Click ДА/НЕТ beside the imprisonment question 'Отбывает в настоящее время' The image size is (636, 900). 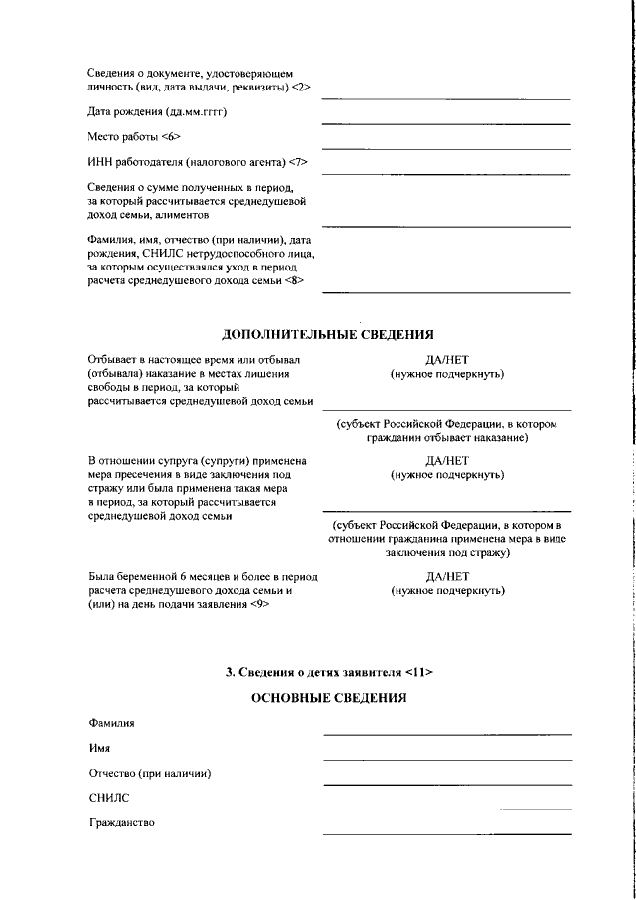(446, 360)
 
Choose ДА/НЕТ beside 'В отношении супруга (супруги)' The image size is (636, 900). (446, 461)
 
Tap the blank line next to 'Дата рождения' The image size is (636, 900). (446, 123)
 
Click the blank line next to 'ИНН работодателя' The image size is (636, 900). (446, 173)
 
